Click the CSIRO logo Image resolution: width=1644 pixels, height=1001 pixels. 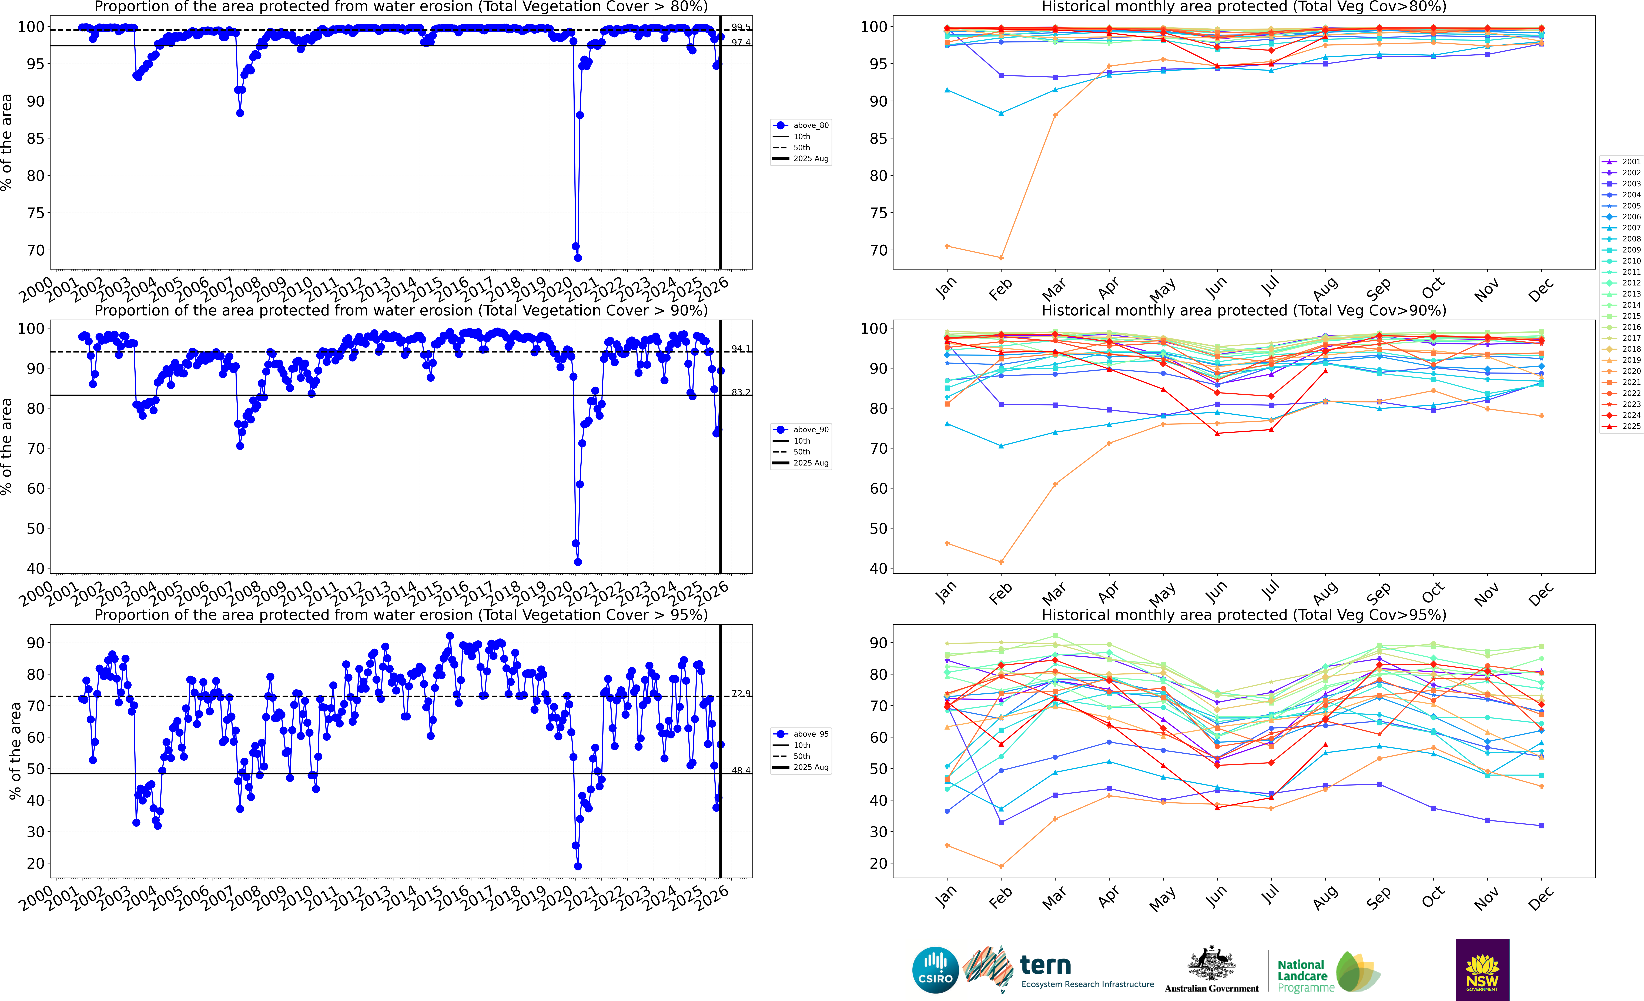(x=935, y=970)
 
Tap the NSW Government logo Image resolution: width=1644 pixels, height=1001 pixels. (x=1482, y=970)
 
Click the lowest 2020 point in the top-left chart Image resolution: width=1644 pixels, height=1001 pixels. (x=578, y=258)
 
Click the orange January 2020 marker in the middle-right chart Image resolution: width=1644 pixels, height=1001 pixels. (x=947, y=543)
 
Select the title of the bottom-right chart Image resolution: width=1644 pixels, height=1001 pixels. (x=1244, y=615)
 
